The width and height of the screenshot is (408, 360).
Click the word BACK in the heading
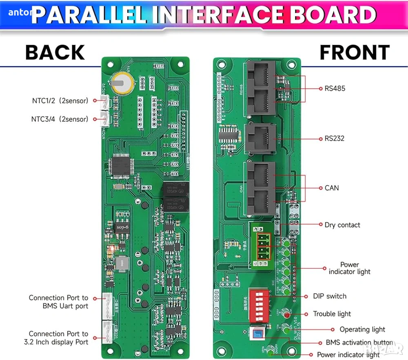tap(55, 53)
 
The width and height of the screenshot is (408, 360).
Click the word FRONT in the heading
tap(354, 53)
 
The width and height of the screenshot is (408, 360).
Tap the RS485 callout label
tap(335, 88)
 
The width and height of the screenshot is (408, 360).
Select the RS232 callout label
tap(335, 138)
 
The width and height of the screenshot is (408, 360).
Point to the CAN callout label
tap(332, 188)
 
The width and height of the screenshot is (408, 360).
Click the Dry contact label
tap(342, 225)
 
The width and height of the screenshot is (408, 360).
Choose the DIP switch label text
tap(330, 296)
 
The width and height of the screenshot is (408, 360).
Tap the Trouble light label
tap(332, 314)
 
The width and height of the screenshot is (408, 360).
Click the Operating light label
tap(362, 329)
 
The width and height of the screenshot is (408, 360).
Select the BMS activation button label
tap(359, 343)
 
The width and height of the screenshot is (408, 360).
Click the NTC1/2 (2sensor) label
tap(60, 100)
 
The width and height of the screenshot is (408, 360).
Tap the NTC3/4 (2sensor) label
tap(60, 119)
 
